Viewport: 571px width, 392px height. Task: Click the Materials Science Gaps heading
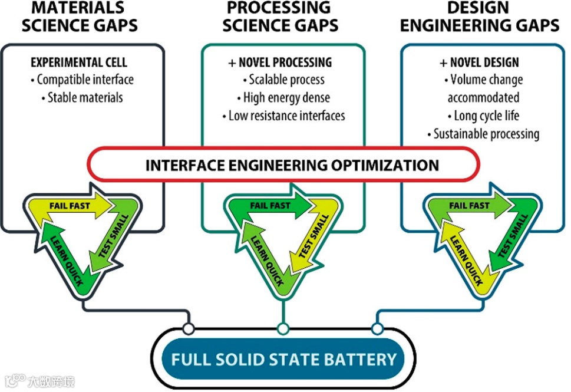click(84, 17)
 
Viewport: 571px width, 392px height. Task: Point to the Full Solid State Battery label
click(283, 359)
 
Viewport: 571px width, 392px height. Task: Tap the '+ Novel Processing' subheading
click(280, 62)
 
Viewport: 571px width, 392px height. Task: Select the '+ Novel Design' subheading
click(479, 62)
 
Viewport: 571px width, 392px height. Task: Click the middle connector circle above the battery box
click(283, 328)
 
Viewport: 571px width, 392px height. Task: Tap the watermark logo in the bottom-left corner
click(18, 380)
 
